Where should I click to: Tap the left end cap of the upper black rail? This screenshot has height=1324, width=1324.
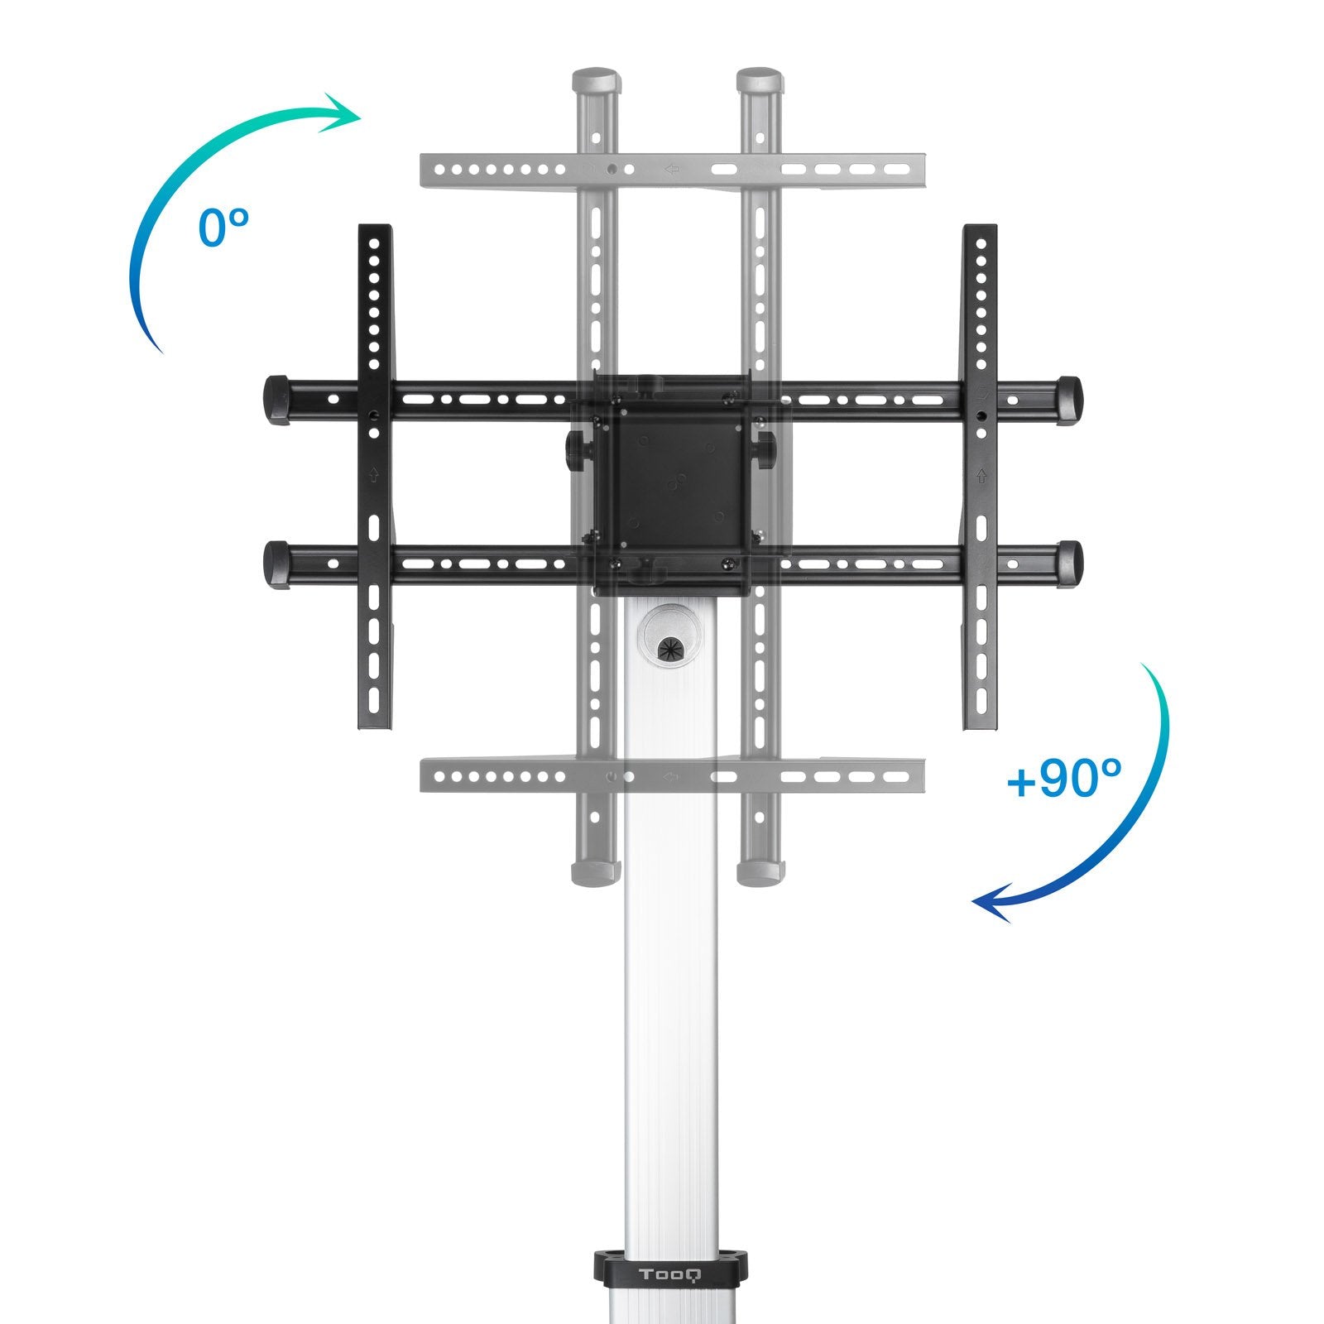276,400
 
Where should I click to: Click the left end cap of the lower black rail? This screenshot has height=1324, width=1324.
276,564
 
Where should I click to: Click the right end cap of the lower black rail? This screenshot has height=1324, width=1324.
1069,563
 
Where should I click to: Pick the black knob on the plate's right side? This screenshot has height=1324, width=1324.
767,449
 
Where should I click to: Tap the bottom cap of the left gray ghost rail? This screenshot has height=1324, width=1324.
596,872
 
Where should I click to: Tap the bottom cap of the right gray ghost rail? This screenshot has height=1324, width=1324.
760,872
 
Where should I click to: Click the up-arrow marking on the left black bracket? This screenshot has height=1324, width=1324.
374,474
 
